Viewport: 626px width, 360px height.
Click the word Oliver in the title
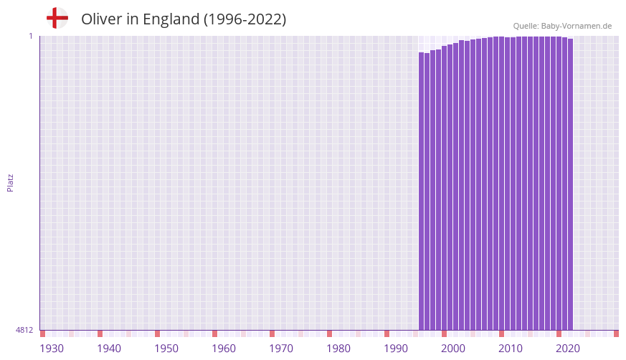point(101,19)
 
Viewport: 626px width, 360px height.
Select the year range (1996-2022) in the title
point(245,19)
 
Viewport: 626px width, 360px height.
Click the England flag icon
point(57,18)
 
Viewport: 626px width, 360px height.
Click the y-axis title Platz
point(10,182)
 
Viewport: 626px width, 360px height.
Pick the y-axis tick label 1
point(31,36)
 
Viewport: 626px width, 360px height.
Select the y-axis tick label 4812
point(24,330)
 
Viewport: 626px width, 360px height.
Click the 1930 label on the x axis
point(52,349)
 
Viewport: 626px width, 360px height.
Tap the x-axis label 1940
point(109,349)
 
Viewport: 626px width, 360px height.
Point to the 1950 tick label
point(166,349)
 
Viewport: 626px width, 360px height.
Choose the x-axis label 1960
point(224,349)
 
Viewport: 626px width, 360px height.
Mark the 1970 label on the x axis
point(281,349)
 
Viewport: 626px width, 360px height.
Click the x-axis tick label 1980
point(338,349)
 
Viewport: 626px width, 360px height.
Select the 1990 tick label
point(396,349)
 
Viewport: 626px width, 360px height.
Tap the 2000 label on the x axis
point(453,349)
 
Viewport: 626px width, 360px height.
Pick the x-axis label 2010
point(511,349)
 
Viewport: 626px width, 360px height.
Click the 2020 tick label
point(568,349)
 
